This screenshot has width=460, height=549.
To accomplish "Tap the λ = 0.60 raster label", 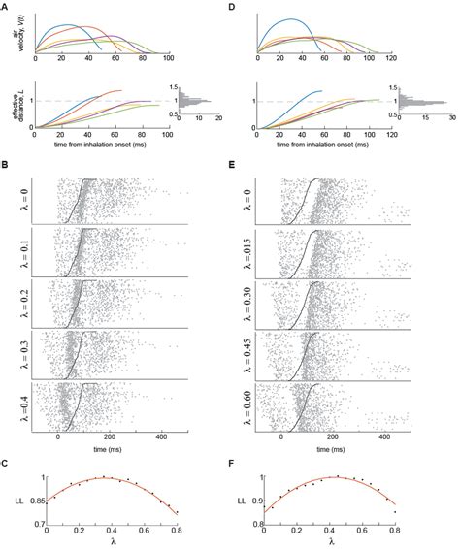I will coord(249,404).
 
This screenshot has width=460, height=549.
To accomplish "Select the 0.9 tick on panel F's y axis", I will coord(260,501).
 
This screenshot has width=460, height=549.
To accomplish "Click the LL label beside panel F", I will coord(244,501).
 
